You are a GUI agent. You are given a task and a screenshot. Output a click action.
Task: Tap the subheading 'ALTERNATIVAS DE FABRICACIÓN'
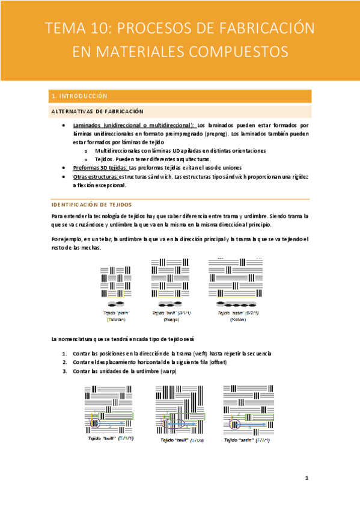tap(97, 111)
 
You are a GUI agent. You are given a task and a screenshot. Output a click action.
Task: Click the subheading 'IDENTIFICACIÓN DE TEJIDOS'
tap(91, 204)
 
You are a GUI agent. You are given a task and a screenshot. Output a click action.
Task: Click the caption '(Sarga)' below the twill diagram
tap(171, 319)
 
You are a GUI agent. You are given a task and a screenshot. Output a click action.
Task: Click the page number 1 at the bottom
tap(307, 478)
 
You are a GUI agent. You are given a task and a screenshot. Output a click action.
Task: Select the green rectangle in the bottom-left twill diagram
tap(117, 416)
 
